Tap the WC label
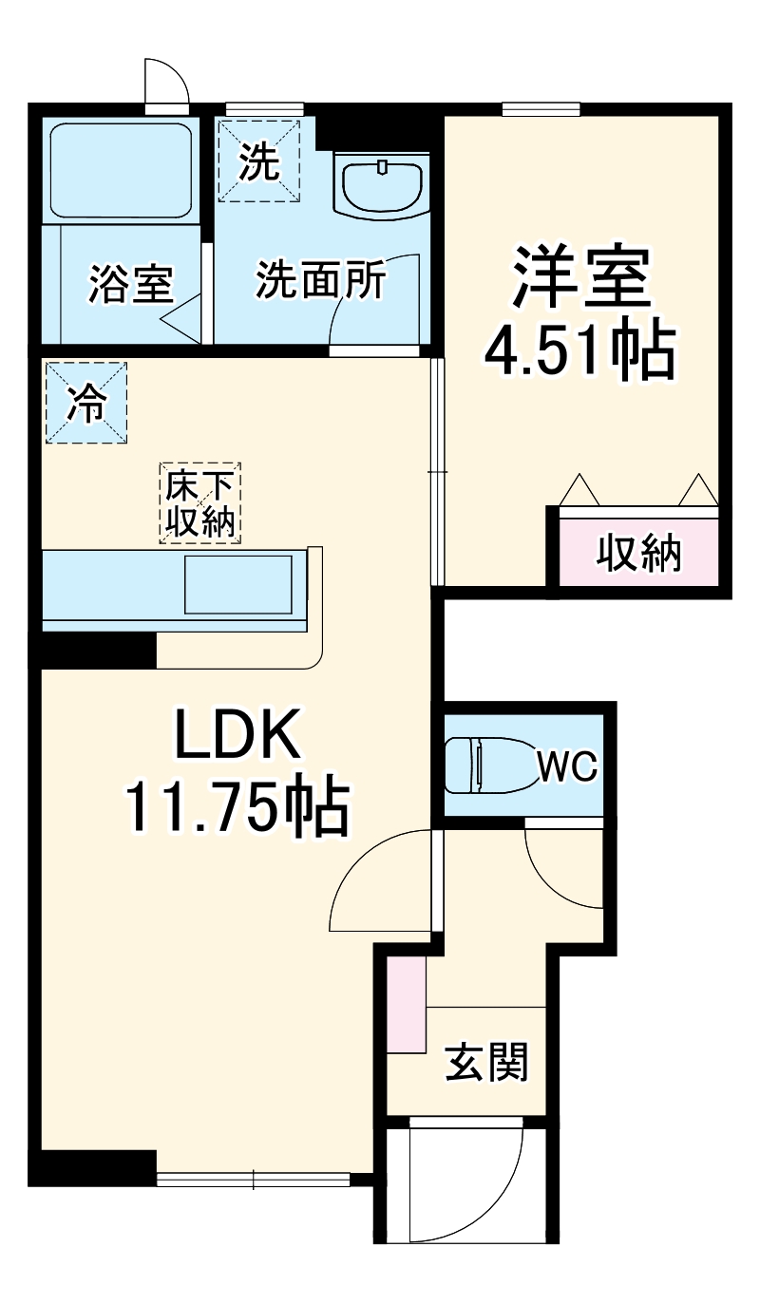tap(567, 765)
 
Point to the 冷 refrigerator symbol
tap(85, 403)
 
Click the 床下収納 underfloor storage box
tap(200, 503)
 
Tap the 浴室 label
tap(131, 284)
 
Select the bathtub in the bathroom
tap(121, 171)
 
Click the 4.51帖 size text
tap(579, 350)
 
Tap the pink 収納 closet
tap(638, 552)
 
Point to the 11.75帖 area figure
tap(237, 808)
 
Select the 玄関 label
tap(486, 1062)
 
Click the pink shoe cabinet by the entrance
tap(407, 1003)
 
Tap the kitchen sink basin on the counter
tap(238, 586)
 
